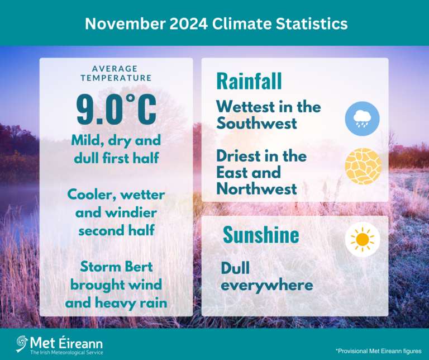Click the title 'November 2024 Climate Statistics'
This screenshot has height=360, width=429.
[216, 23]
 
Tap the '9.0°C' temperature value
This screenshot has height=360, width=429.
[116, 109]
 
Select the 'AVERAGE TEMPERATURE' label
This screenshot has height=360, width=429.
[116, 73]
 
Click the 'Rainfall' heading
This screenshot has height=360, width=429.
[249, 82]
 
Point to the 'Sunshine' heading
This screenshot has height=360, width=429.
[261, 235]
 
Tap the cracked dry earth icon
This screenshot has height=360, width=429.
[363, 166]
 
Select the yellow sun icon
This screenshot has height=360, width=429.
[363, 239]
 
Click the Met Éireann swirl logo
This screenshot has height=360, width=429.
[22, 343]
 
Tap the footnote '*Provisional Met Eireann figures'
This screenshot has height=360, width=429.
[378, 350]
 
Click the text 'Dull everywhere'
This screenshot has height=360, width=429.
[266, 277]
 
